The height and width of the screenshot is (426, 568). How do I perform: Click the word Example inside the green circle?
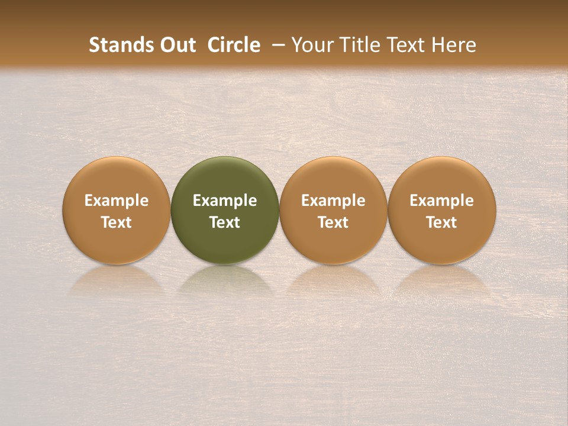[225, 201]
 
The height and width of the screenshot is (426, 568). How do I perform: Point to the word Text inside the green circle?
[225, 222]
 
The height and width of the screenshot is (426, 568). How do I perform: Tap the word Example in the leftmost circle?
[117, 201]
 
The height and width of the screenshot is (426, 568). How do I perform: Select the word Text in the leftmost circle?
[117, 222]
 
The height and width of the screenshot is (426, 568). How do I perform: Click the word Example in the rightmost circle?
[442, 201]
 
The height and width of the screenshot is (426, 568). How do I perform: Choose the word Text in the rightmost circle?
[442, 222]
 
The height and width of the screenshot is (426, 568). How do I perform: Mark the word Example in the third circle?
[333, 201]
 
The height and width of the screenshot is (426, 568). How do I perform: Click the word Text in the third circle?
[333, 222]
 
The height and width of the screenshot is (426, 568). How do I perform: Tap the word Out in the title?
[177, 45]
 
